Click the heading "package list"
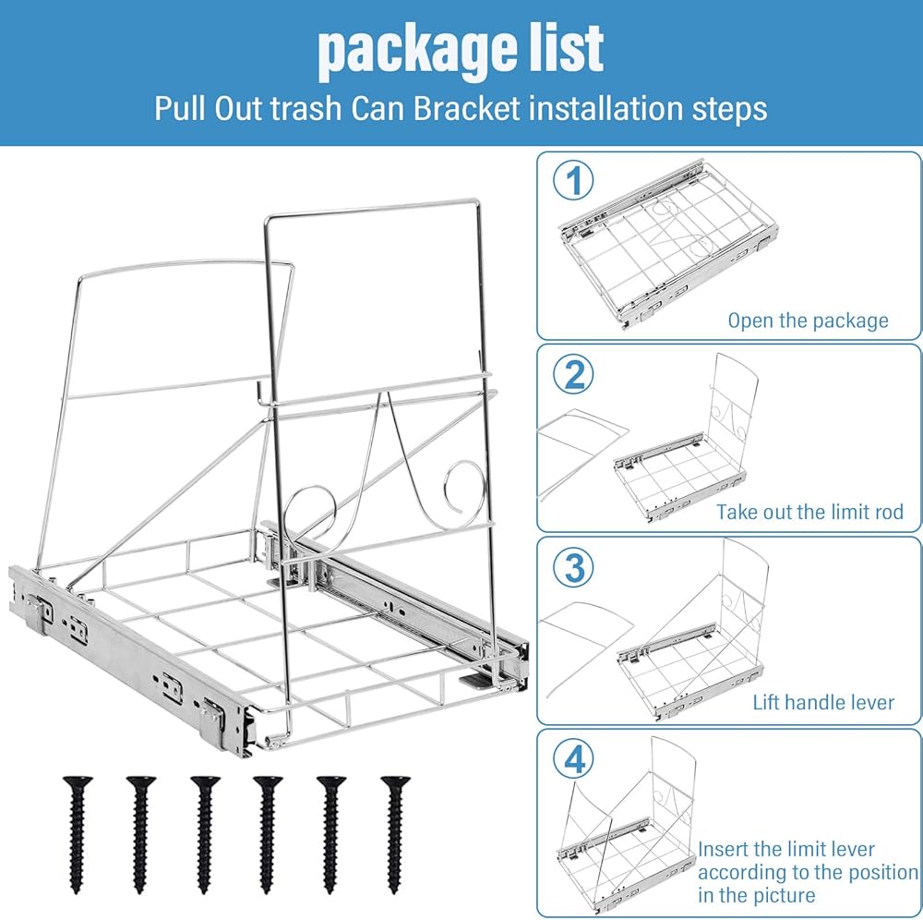point(461,50)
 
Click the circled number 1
point(573,180)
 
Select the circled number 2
point(573,375)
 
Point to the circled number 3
point(573,566)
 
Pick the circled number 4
point(573,759)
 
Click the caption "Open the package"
point(808,321)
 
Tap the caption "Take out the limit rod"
point(809,512)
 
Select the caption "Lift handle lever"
point(823,702)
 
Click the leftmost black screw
point(78,834)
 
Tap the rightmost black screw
point(395,834)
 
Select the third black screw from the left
point(205,834)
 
